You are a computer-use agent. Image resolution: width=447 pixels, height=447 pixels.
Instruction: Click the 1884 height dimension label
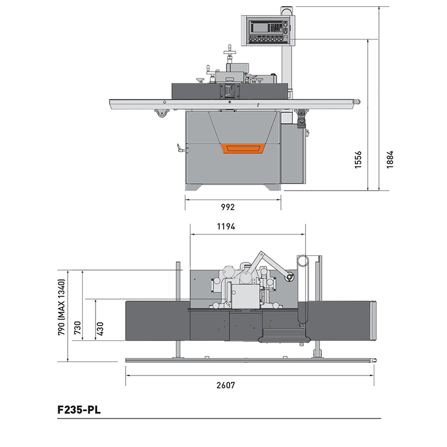389,159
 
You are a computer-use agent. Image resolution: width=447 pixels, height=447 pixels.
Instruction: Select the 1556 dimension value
358,160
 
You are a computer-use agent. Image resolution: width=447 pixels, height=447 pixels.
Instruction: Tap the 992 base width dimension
228,207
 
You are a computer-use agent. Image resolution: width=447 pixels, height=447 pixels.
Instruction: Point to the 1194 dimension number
226,226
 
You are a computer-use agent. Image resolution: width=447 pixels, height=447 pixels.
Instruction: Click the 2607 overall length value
226,385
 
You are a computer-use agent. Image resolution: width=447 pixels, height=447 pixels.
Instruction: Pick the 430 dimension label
100,329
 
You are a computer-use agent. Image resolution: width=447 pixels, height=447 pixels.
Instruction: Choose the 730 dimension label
78,328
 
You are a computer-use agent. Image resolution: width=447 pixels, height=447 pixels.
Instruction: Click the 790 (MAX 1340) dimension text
61,307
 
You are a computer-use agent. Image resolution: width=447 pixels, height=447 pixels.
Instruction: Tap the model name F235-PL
79,410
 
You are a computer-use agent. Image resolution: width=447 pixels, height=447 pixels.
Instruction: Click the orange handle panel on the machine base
243,149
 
